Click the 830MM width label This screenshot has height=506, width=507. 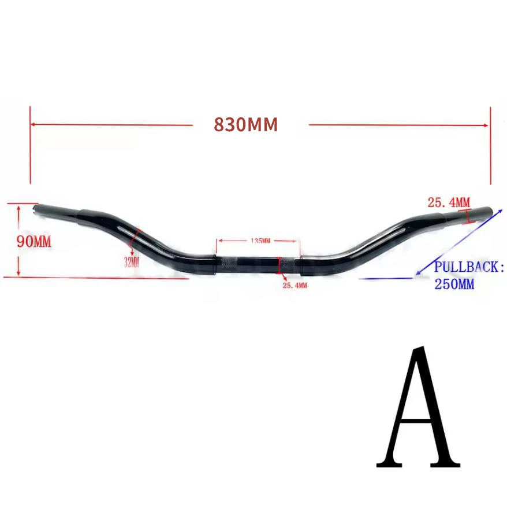246,124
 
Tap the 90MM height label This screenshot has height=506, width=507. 34,242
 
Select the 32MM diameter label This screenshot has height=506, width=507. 132,261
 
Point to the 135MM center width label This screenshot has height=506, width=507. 260,241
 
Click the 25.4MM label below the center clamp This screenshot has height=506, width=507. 295,286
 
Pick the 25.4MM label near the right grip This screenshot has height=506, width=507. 449,202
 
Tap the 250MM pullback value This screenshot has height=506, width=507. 454,285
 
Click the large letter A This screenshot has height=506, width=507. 418,407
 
